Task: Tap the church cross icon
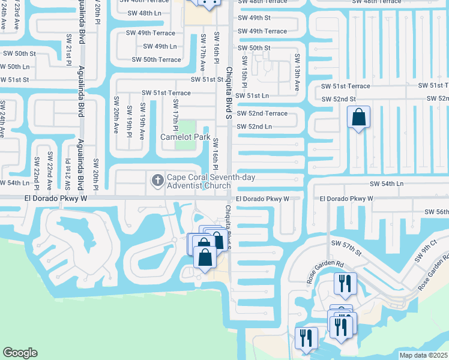pos(157,180)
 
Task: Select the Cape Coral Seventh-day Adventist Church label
pos(198,181)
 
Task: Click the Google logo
pos(20,353)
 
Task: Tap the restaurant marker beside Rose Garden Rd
pos(345,283)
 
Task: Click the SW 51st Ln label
pos(252,95)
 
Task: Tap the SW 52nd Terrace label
pos(262,113)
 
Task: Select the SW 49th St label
pos(254,19)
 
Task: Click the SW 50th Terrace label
pos(156,59)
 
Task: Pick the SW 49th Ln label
pos(160,46)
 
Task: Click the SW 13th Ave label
pos(297,72)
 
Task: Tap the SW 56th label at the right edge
pos(436,212)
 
